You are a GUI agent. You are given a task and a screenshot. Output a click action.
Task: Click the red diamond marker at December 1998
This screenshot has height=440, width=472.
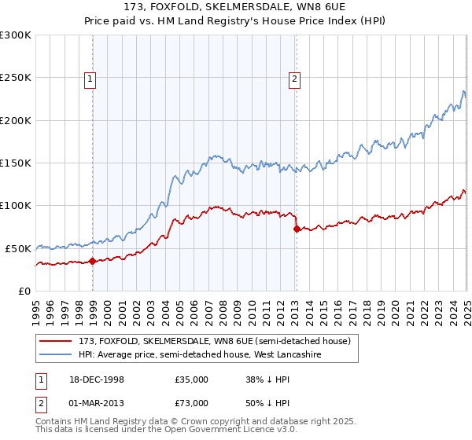point(92,261)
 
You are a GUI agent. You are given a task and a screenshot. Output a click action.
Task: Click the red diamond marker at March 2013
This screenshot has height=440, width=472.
point(297,229)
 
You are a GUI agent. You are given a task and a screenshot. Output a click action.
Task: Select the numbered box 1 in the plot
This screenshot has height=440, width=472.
point(90,78)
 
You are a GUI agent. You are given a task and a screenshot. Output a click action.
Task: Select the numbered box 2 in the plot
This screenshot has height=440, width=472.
point(294,78)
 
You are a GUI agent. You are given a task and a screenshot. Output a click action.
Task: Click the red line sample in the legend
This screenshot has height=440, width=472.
point(57,340)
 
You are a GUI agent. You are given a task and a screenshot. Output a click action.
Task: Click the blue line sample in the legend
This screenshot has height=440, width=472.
point(57,354)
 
